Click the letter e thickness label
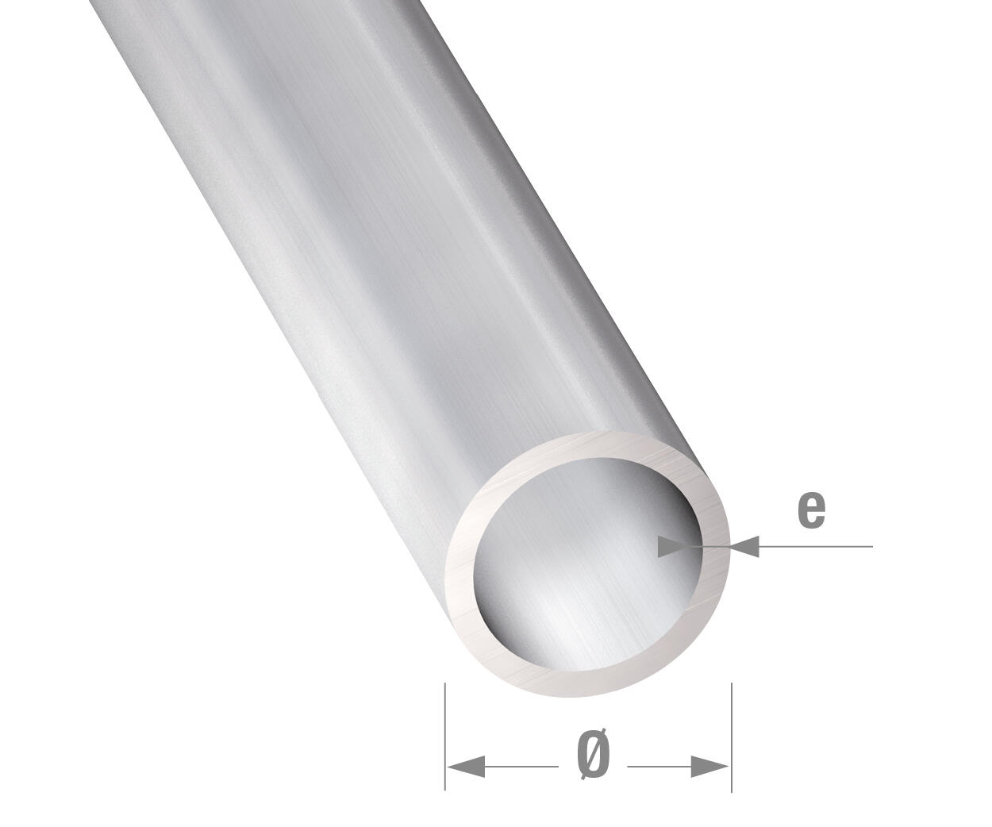coord(811,510)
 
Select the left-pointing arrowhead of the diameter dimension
coord(467,767)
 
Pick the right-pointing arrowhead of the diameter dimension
coord(709,767)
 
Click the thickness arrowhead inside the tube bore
coord(679,546)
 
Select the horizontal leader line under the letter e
coord(817,546)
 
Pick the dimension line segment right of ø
coord(659,767)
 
